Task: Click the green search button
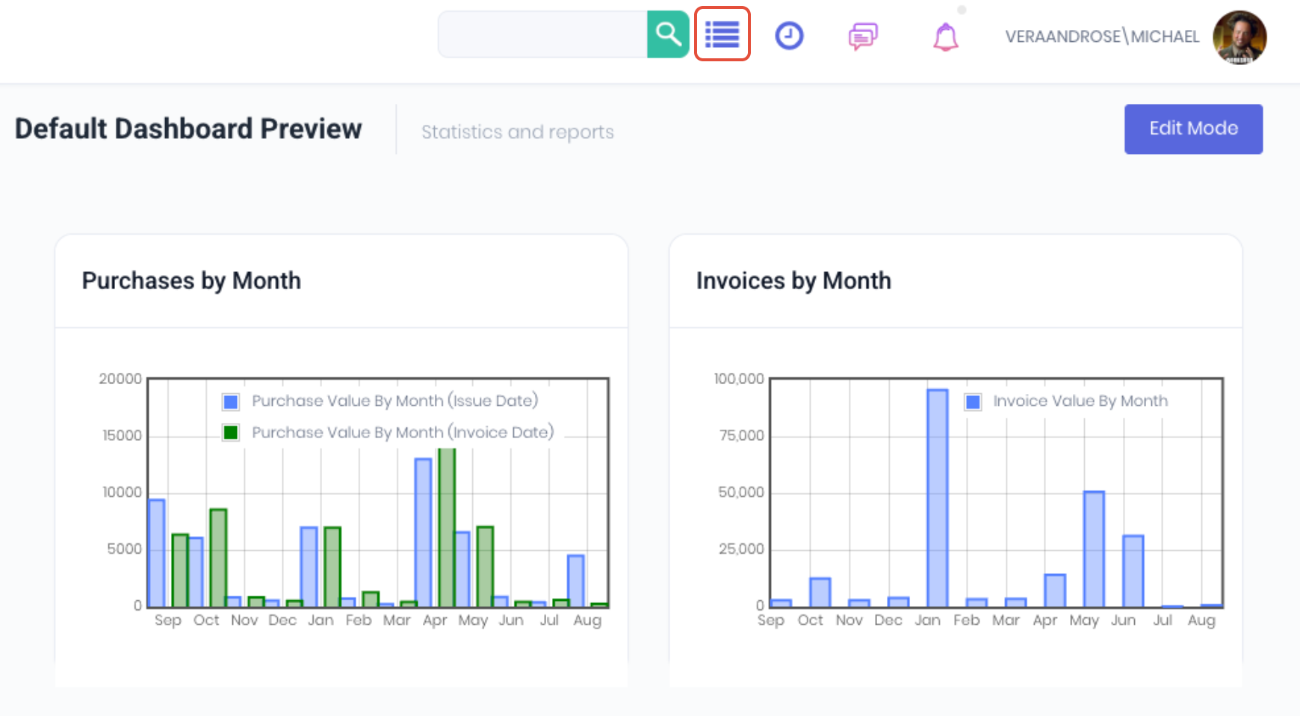pyautogui.click(x=668, y=34)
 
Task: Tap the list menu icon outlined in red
pyautogui.click(x=722, y=34)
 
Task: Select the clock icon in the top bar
pyautogui.click(x=789, y=36)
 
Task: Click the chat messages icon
pyautogui.click(x=863, y=36)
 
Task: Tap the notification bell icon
pyautogui.click(x=946, y=37)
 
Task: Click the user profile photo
pyautogui.click(x=1239, y=37)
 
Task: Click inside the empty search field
pyautogui.click(x=542, y=34)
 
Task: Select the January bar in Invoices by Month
pyautogui.click(x=938, y=498)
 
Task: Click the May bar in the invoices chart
pyautogui.click(x=1094, y=549)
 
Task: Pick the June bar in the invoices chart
pyautogui.click(x=1133, y=571)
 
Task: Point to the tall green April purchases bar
pyautogui.click(x=447, y=528)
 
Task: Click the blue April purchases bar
pyautogui.click(x=424, y=532)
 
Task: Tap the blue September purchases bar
pyautogui.click(x=157, y=552)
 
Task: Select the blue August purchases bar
pyautogui.click(x=576, y=581)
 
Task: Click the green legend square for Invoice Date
pyautogui.click(x=231, y=433)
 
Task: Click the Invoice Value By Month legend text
pyautogui.click(x=1080, y=401)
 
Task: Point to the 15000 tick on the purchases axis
pyautogui.click(x=122, y=436)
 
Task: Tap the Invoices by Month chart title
pyautogui.click(x=793, y=281)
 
